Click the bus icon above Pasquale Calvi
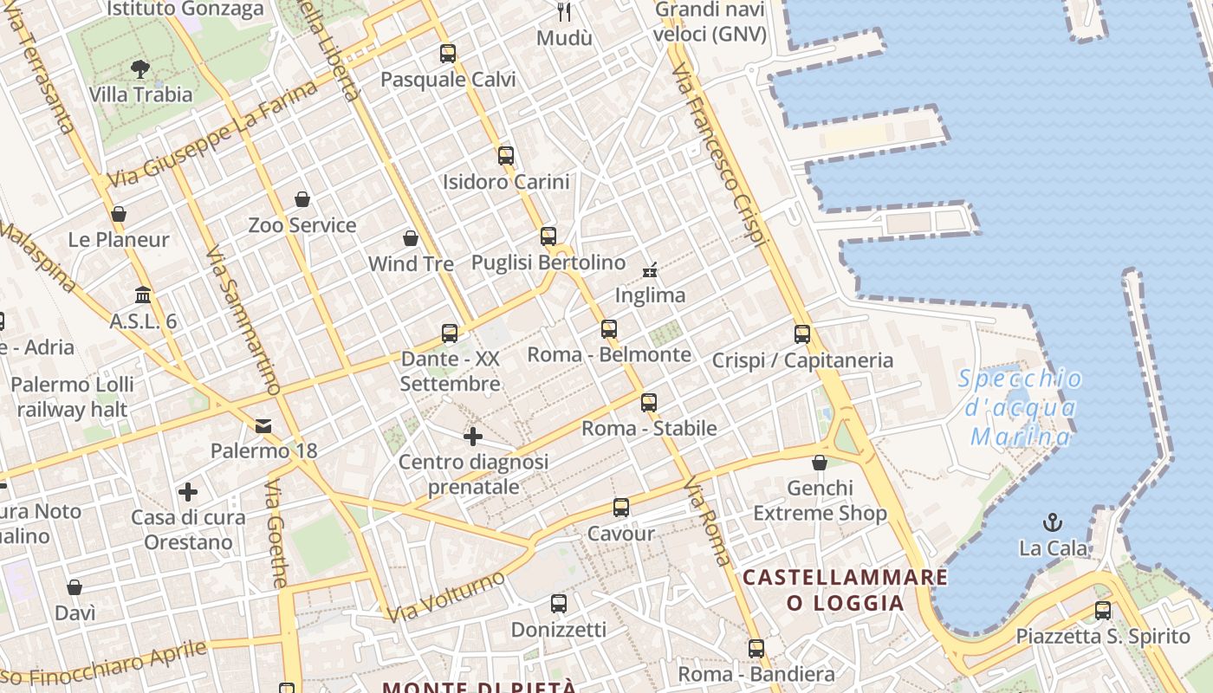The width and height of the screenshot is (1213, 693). pyautogui.click(x=447, y=54)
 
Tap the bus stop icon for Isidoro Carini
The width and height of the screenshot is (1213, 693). pyautogui.click(x=506, y=156)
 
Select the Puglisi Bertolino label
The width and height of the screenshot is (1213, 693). pyautogui.click(x=548, y=262)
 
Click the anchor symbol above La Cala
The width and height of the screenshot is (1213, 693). pyautogui.click(x=1053, y=521)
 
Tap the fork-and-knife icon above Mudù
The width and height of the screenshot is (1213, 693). pyautogui.click(x=565, y=12)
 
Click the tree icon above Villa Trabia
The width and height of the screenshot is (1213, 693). pyautogui.click(x=139, y=69)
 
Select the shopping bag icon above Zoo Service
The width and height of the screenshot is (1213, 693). pyautogui.click(x=302, y=200)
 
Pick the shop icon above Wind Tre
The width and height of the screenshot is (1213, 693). pyautogui.click(x=411, y=238)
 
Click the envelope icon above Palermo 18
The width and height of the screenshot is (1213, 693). pyautogui.click(x=263, y=425)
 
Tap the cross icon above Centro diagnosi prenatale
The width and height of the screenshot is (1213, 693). pyautogui.click(x=473, y=437)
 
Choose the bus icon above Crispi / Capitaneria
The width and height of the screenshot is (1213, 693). pyautogui.click(x=802, y=334)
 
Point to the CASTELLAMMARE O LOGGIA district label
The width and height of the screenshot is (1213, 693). pyautogui.click(x=845, y=589)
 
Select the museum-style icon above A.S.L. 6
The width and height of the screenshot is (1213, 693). pyautogui.click(x=143, y=295)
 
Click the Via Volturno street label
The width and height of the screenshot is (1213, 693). pyautogui.click(x=445, y=596)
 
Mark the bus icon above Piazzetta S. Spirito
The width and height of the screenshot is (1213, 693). pyautogui.click(x=1102, y=611)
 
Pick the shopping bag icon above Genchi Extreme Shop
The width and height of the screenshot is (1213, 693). pyautogui.click(x=820, y=463)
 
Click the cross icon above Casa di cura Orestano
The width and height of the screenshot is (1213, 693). pyautogui.click(x=188, y=492)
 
